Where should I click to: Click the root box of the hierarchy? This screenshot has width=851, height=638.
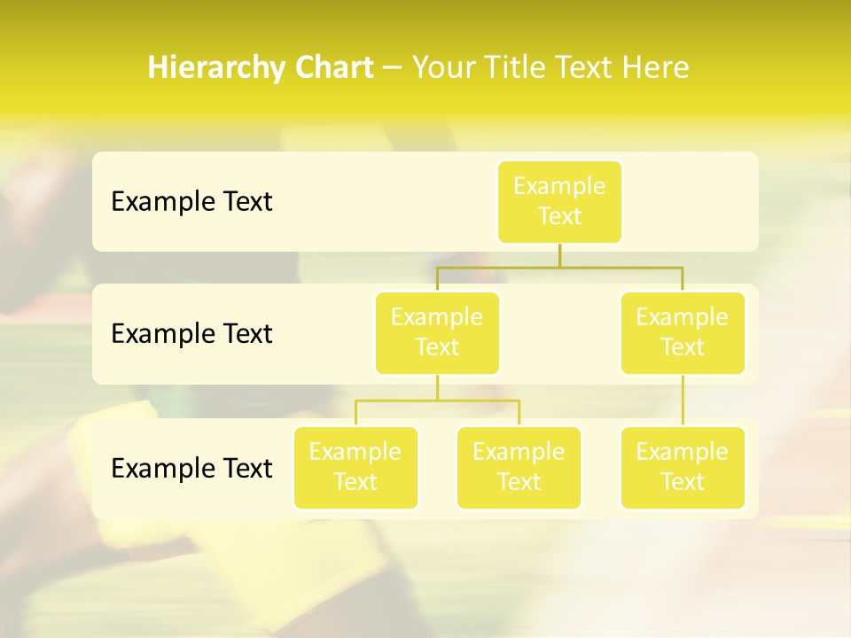pyautogui.click(x=559, y=201)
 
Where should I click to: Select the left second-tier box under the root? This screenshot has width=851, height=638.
pyautogui.click(x=437, y=332)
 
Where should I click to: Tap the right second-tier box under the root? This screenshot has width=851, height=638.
pyautogui.click(x=683, y=332)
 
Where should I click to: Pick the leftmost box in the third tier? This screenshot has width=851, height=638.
pyautogui.click(x=355, y=467)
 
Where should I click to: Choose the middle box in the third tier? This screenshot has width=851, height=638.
pyautogui.click(x=519, y=467)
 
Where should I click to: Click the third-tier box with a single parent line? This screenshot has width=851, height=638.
pyautogui.click(x=683, y=467)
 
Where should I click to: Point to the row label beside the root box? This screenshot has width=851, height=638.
pyautogui.click(x=191, y=202)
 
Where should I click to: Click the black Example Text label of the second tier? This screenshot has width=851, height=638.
pyautogui.click(x=191, y=334)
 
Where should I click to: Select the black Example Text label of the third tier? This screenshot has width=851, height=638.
pyautogui.click(x=191, y=468)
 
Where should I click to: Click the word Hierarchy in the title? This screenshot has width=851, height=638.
pyautogui.click(x=216, y=68)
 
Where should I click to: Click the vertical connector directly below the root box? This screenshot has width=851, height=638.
pyautogui.click(x=559, y=254)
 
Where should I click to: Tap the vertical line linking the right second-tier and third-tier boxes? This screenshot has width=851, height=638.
pyautogui.click(x=683, y=401)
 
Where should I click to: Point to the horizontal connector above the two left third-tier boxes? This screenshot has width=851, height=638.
pyautogui.click(x=437, y=401)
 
